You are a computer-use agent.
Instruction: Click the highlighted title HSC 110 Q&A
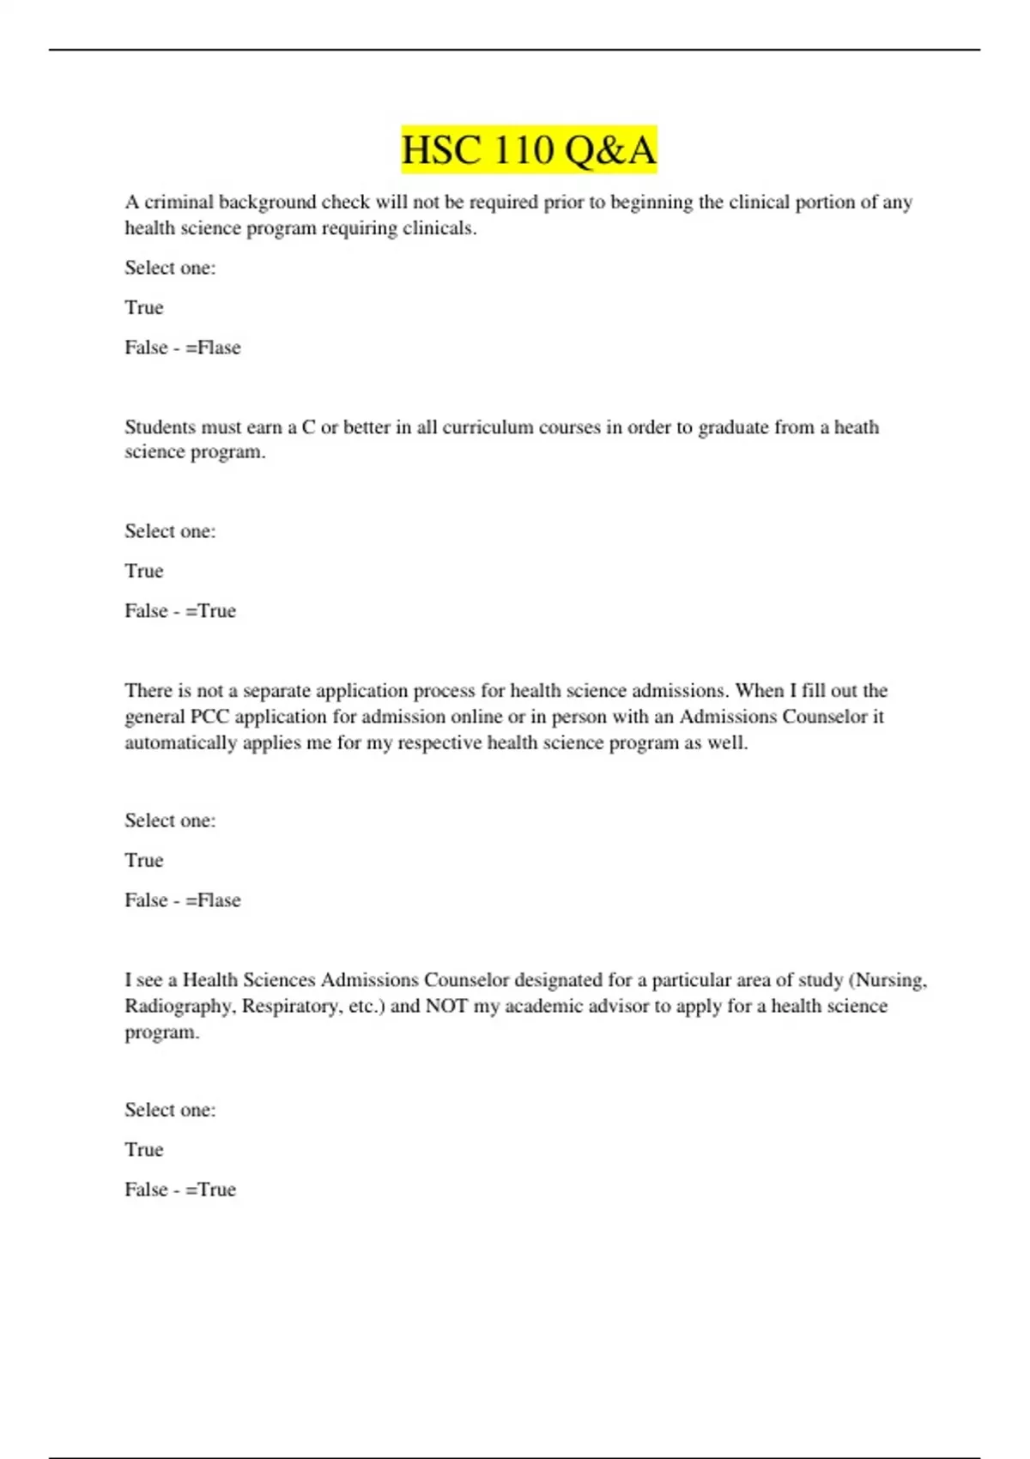click(529, 150)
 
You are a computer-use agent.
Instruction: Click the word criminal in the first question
click(179, 203)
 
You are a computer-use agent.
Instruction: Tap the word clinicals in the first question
click(439, 228)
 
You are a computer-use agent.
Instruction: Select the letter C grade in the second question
click(308, 427)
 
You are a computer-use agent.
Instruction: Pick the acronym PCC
click(209, 717)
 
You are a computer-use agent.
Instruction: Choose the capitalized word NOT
click(446, 1006)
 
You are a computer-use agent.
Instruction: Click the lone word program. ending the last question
click(161, 1032)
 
